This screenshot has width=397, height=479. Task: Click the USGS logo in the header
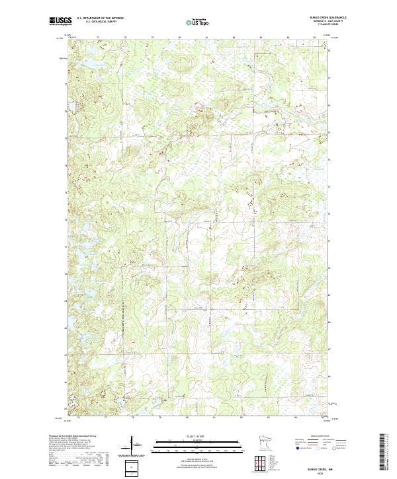[59, 21]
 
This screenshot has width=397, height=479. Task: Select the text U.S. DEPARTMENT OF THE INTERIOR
[100, 18]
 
